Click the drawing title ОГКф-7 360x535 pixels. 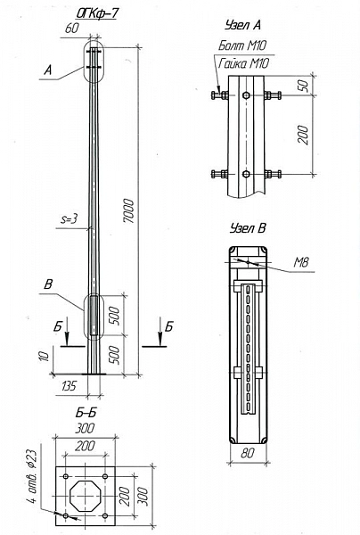pos(97,13)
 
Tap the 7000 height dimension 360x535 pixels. pos(129,210)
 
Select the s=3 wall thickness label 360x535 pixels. pos(70,219)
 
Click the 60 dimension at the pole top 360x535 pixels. pos(72,28)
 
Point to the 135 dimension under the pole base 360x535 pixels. pos(70,386)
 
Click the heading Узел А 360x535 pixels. pos(242,25)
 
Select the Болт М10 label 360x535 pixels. pos(242,45)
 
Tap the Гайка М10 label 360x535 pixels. pos(244,63)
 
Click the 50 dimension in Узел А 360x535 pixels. pos(305,86)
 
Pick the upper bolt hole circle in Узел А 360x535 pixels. pos(246,95)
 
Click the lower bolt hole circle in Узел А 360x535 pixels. pos(246,174)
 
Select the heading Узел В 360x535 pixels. pos(247,228)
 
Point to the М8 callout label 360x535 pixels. pos(301,262)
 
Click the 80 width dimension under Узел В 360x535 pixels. pos(248,453)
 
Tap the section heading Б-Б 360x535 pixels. pos(86,413)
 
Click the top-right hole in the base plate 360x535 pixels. pos(105,476)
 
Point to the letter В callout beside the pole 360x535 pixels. pos(49,284)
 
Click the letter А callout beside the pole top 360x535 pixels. pos(48,70)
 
